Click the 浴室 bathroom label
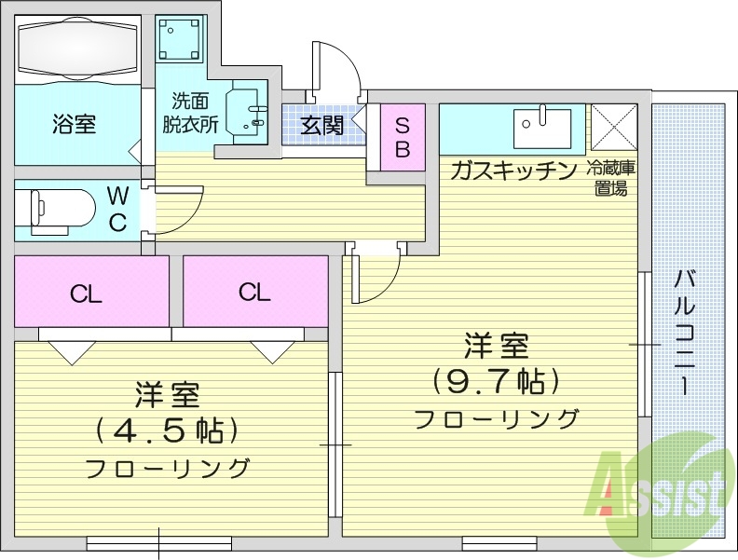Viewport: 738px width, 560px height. tap(74, 123)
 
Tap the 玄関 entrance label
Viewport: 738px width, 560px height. tap(322, 125)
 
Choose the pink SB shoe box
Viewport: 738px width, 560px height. tap(403, 137)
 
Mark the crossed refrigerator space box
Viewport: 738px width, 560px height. tap(613, 125)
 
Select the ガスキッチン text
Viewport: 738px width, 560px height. tap(513, 171)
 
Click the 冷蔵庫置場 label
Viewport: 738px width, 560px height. tap(610, 178)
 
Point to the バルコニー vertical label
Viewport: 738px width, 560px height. tap(687, 331)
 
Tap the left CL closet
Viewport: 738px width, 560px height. tap(86, 293)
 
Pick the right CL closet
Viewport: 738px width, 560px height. tap(253, 292)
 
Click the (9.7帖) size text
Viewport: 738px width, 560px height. tap(496, 381)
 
